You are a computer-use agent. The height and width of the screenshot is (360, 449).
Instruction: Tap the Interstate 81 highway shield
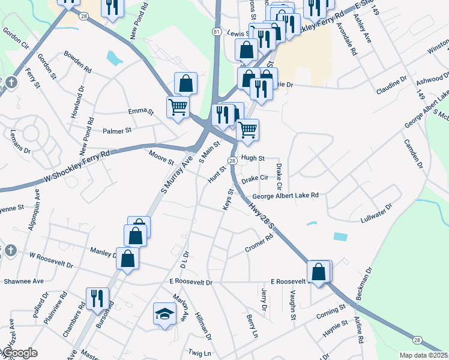(x=217, y=31)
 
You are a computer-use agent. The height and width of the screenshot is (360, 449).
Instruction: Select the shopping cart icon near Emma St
(x=178, y=107)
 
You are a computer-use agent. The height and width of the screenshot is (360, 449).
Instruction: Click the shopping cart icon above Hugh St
(x=247, y=129)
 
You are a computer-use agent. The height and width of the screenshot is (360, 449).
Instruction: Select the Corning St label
(x=333, y=311)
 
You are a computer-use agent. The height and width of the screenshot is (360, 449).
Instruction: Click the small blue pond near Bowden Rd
(x=114, y=58)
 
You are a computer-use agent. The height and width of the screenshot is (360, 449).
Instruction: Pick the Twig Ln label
(x=199, y=354)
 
